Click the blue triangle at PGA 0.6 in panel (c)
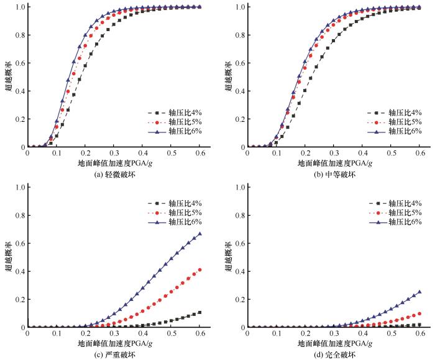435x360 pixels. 200,234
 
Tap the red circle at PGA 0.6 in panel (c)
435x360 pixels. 200,270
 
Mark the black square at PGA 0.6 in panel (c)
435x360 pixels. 200,313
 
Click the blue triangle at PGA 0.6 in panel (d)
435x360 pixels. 419,292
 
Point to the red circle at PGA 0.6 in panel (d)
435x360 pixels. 419,313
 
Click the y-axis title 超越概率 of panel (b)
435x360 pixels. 228,77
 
